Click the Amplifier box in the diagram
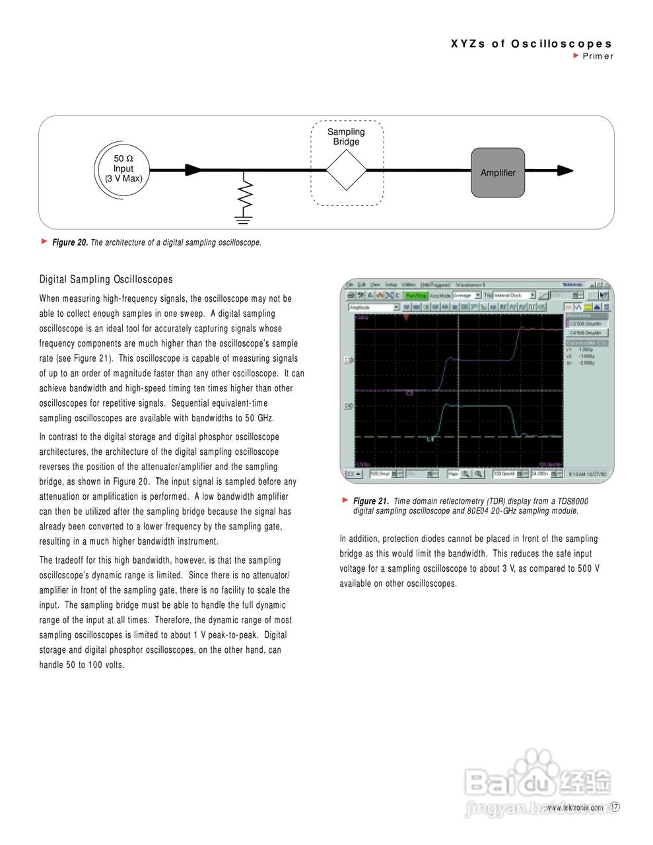click(497, 172)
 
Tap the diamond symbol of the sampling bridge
click(346, 170)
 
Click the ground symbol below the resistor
click(244, 218)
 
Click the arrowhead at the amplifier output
click(564, 170)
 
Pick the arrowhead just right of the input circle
click(193, 170)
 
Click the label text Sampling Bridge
click(346, 137)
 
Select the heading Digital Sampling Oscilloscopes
click(106, 279)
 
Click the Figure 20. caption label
click(70, 242)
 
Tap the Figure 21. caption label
click(370, 501)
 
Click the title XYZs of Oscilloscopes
click(532, 44)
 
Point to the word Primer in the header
click(598, 56)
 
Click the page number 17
click(615, 807)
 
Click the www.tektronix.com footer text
click(574, 807)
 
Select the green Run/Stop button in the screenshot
click(416, 296)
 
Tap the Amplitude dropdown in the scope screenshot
click(374, 307)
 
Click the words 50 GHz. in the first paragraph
click(259, 418)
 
